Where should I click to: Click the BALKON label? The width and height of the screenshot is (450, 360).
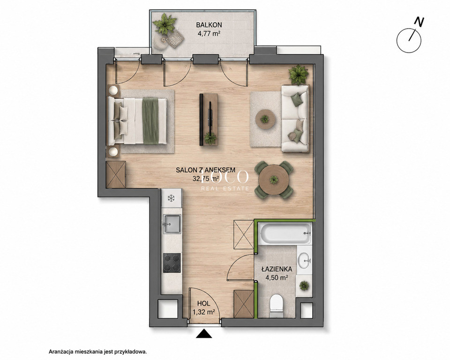(x=209, y=25)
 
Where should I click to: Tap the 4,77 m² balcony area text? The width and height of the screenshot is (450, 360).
(x=209, y=34)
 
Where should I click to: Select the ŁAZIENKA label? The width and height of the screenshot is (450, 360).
(x=277, y=269)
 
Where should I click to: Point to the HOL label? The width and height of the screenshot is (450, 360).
(x=203, y=303)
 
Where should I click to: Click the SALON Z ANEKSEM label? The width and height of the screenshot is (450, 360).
(x=205, y=170)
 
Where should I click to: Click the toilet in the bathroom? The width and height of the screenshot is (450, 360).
(x=277, y=306)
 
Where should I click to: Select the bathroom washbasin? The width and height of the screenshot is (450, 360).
(x=304, y=260)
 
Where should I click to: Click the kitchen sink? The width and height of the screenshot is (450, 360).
(x=172, y=224)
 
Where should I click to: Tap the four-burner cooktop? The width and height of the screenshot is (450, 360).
(x=172, y=262)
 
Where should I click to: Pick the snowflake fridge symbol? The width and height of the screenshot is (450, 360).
(x=172, y=198)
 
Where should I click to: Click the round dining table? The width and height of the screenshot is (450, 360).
(x=274, y=180)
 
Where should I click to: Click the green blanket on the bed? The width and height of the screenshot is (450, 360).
(x=150, y=120)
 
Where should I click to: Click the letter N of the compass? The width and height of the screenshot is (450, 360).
(x=420, y=22)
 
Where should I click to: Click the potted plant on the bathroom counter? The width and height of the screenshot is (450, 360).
(x=304, y=285)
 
